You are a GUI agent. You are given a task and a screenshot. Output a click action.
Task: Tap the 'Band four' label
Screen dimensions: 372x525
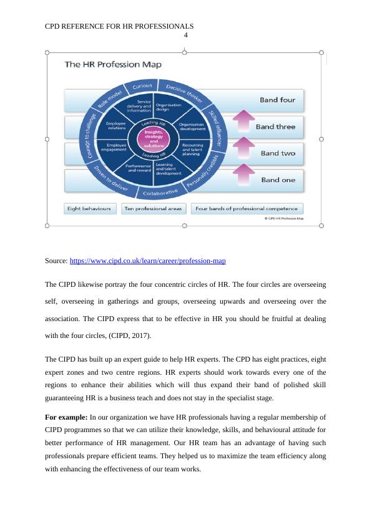[277, 100]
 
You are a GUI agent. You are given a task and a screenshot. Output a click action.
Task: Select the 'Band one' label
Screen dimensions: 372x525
[278, 180]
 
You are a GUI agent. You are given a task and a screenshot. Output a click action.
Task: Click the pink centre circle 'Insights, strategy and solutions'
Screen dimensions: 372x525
[154, 138]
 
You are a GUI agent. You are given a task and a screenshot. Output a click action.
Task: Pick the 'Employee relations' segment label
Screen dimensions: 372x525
[117, 127]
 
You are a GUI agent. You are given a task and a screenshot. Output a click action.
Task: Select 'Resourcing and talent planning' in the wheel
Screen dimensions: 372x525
[192, 150]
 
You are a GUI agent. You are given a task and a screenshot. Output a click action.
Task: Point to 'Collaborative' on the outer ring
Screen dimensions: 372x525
[160, 193]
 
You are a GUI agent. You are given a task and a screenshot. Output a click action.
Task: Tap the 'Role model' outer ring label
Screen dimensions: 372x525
[104, 98]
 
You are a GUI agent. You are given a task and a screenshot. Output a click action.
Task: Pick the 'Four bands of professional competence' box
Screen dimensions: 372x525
[247, 209]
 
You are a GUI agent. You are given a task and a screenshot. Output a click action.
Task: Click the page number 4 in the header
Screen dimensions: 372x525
[185, 35]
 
